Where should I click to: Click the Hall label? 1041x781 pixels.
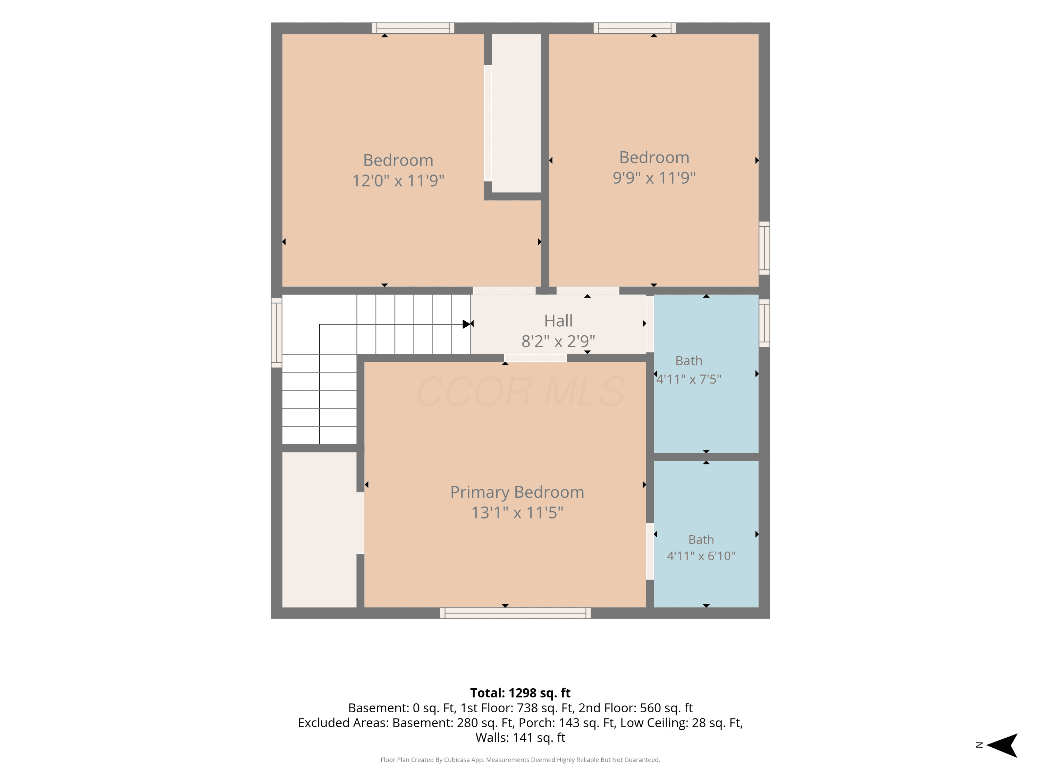(558, 321)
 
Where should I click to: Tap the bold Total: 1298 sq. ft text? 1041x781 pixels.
(520, 693)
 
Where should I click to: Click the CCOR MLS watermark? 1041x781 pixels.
(520, 392)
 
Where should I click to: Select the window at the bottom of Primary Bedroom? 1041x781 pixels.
(515, 613)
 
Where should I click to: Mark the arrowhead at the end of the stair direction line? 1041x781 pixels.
(466, 324)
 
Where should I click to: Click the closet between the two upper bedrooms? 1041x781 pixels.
(516, 113)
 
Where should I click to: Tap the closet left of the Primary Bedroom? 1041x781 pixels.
(319, 530)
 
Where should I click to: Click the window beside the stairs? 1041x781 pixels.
(276, 333)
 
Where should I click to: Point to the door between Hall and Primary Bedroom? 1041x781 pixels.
(535, 358)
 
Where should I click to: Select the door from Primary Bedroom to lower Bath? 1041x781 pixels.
(650, 551)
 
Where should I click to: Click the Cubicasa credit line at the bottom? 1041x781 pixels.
(520, 759)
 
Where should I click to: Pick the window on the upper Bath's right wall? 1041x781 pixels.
(764, 323)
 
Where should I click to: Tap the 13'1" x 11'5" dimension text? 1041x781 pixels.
(517, 513)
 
